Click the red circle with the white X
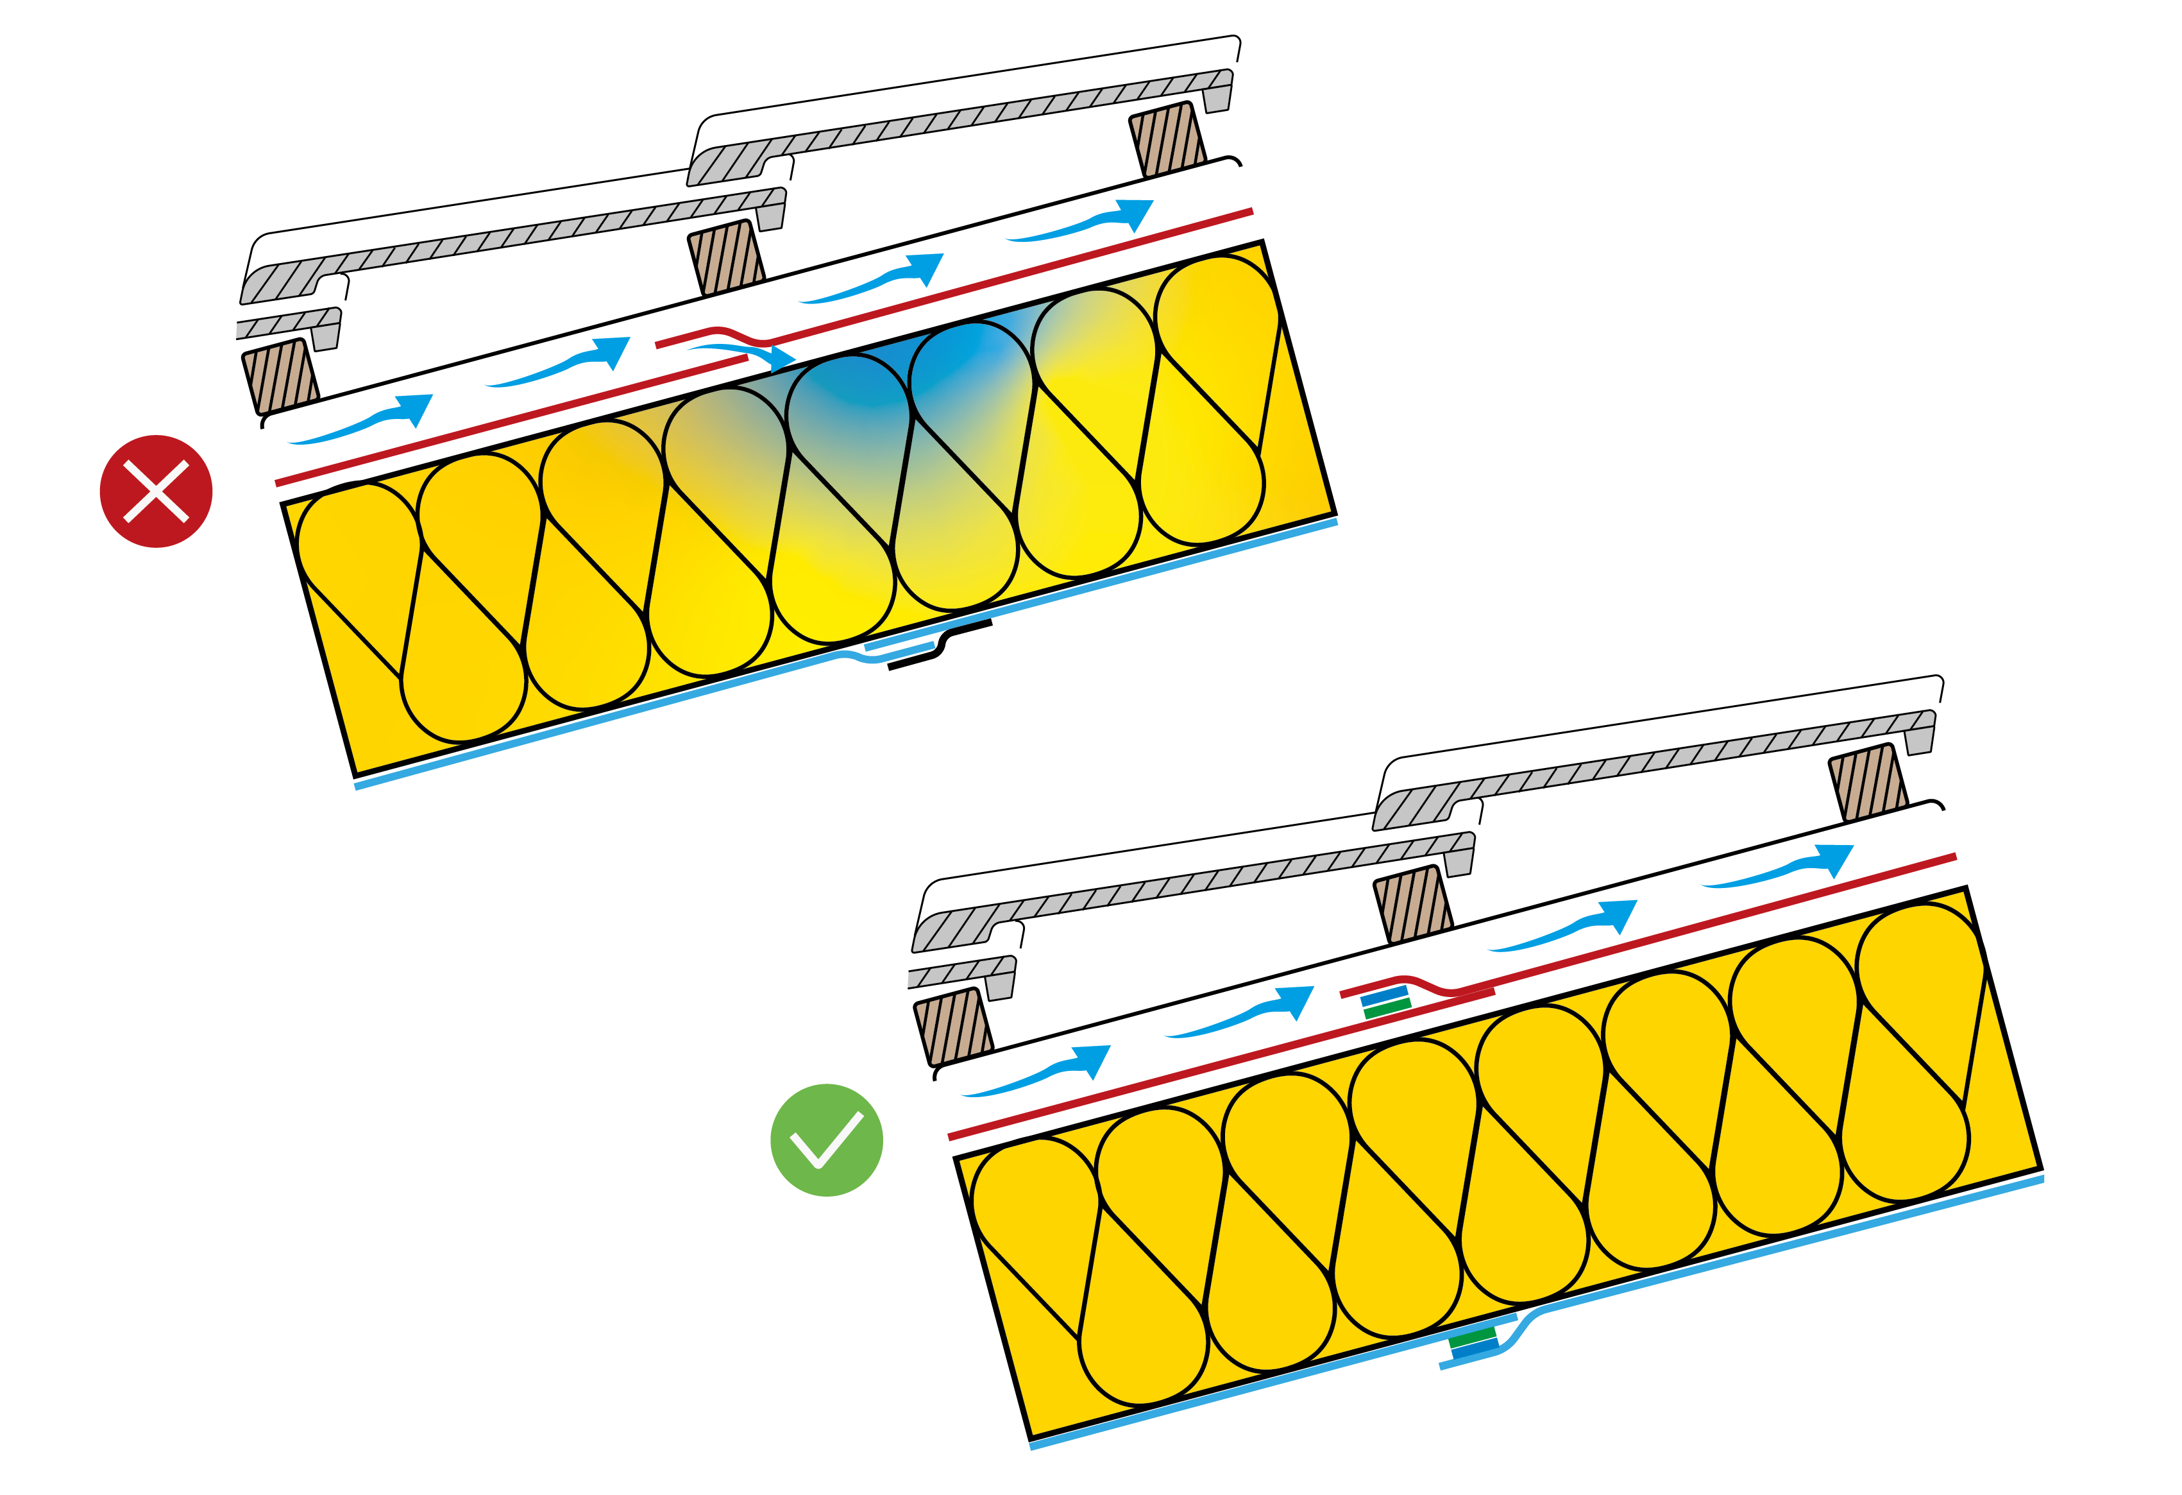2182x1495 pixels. [156, 491]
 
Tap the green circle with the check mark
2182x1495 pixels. [826, 1140]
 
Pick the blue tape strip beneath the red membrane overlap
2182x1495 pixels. [1385, 995]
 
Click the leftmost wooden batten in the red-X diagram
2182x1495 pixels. [280, 375]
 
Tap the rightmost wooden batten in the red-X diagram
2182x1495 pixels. [1167, 139]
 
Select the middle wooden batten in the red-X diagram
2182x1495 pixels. [726, 257]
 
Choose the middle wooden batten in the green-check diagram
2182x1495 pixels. [1412, 903]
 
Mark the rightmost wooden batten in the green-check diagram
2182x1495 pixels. [1868, 782]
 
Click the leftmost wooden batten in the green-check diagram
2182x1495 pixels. [952, 1025]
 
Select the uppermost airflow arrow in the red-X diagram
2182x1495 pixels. [1089, 221]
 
